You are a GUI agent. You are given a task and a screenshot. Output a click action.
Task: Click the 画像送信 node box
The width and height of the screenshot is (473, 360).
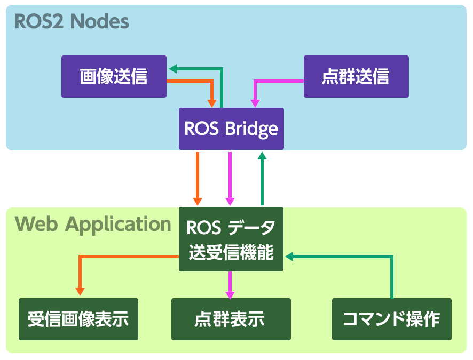114,77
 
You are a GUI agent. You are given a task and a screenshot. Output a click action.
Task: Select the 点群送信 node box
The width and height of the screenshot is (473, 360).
356,77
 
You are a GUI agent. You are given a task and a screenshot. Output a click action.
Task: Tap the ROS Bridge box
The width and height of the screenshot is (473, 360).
231,129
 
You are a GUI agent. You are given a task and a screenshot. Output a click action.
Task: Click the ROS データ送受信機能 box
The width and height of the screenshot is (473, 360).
231,239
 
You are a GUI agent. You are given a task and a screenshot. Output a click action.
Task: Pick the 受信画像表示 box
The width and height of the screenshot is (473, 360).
78,319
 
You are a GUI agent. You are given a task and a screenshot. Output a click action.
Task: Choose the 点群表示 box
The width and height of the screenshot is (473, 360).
231,319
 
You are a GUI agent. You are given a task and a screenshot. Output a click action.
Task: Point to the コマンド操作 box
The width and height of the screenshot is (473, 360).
391,319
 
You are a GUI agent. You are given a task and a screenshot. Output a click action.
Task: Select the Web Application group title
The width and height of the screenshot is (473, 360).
93,224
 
